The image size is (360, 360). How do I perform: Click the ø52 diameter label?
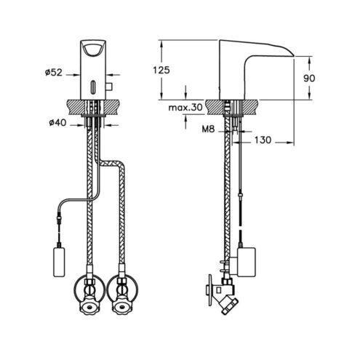[x=54, y=72]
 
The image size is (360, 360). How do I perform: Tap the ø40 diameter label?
[x=57, y=123]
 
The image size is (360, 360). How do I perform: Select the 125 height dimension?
[x=161, y=70]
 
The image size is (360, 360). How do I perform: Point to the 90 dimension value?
[x=309, y=78]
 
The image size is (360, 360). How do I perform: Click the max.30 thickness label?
[x=185, y=108]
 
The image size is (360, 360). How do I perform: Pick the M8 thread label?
[x=209, y=129]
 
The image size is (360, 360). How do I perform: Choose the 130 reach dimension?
[x=263, y=140]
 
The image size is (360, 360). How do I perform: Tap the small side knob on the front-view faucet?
[x=108, y=87]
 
